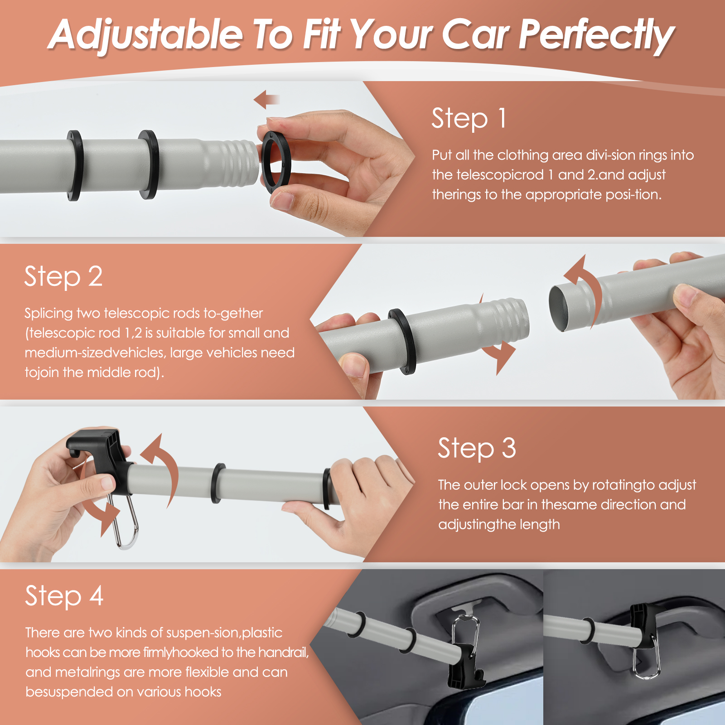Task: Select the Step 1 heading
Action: tap(469, 119)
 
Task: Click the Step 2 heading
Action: tap(63, 277)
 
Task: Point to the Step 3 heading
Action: tap(477, 449)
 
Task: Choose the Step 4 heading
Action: tap(64, 596)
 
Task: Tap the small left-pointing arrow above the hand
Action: tap(266, 99)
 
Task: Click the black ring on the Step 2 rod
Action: tap(403, 341)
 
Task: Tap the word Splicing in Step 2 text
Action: tap(48, 314)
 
